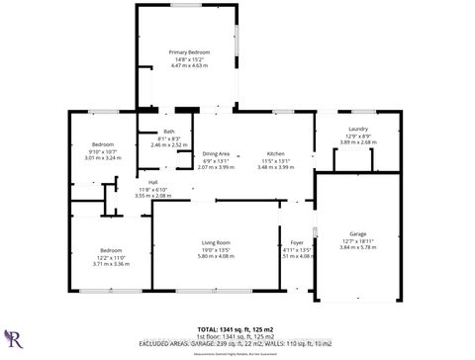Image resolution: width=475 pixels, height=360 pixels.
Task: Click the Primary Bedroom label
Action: pos(187,51)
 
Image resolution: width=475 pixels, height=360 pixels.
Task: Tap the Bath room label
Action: pos(169,133)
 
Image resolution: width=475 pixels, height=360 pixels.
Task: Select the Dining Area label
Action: pos(217,154)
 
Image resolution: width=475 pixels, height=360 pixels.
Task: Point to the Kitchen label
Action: pos(275,154)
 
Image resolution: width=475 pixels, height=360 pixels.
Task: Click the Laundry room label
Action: pos(358,129)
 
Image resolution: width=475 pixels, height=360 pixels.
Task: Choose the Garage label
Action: pos(357,234)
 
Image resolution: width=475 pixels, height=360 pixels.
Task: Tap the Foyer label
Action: pos(297,242)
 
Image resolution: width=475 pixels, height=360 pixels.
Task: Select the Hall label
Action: pos(153,182)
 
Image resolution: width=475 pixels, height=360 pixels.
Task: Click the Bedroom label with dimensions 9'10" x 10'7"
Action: pos(103,144)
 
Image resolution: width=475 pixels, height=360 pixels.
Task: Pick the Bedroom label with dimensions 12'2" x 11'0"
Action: pos(111,250)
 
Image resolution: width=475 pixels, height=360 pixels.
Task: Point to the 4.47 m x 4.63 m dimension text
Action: pos(187,65)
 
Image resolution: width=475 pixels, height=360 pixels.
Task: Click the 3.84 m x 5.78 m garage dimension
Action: pos(357,247)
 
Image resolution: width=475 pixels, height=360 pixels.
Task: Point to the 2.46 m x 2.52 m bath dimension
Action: pos(169,144)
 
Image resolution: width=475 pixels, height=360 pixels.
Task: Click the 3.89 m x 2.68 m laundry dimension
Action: pos(358,141)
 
